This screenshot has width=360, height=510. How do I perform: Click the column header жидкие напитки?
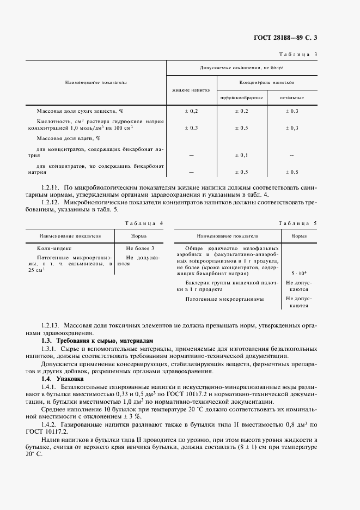click(x=191, y=91)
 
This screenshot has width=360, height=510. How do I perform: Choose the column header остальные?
click(x=292, y=98)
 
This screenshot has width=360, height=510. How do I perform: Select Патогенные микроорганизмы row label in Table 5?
click(x=224, y=299)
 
